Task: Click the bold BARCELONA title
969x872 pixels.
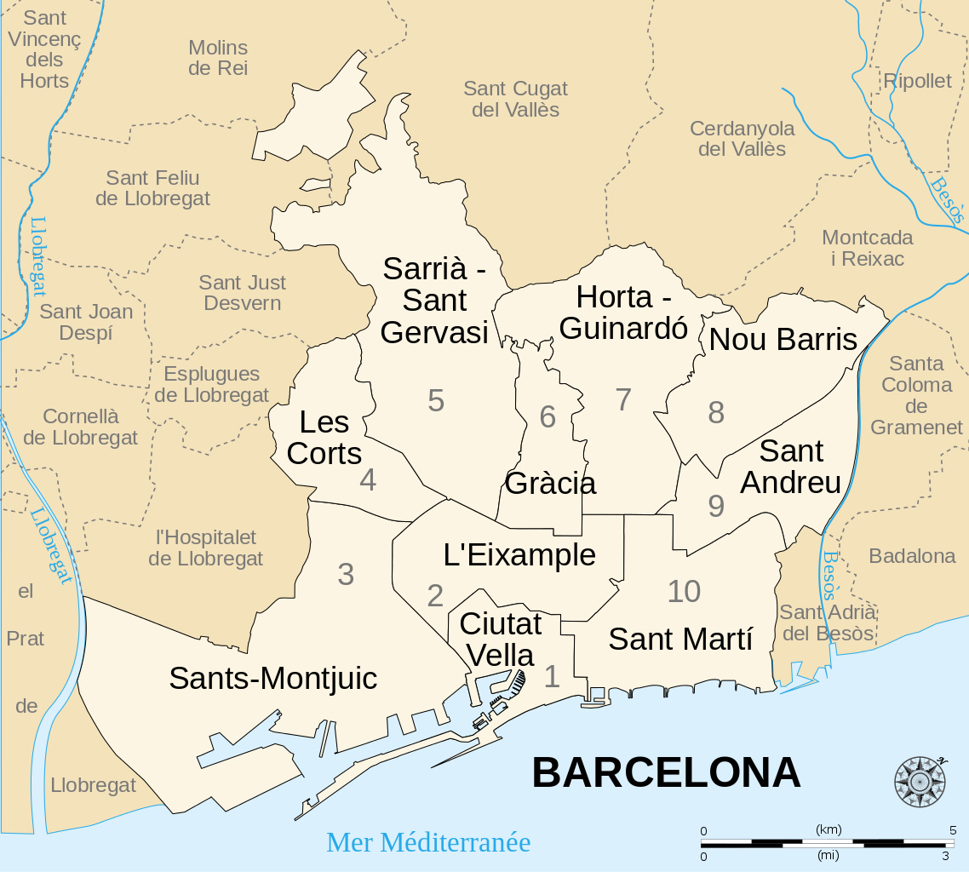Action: pyautogui.click(x=666, y=773)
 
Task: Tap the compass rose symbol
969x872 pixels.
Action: pyautogui.click(x=920, y=781)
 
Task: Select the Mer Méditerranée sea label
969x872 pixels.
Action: pyautogui.click(x=428, y=842)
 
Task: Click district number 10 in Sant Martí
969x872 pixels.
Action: pyautogui.click(x=684, y=591)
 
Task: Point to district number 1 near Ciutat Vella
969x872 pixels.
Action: pyautogui.click(x=552, y=677)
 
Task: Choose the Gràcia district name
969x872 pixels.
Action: pyautogui.click(x=550, y=484)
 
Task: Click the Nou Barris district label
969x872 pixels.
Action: pyautogui.click(x=783, y=340)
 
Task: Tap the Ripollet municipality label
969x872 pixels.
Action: pyautogui.click(x=917, y=81)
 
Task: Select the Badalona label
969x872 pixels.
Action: pyautogui.click(x=912, y=556)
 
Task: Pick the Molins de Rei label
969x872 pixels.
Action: pyautogui.click(x=218, y=58)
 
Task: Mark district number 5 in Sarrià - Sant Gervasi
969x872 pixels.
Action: pyautogui.click(x=436, y=400)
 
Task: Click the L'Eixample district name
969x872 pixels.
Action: pyautogui.click(x=519, y=555)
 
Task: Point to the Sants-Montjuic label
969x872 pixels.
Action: pyautogui.click(x=272, y=679)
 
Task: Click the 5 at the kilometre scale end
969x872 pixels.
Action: pyautogui.click(x=953, y=830)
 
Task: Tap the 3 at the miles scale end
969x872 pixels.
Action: pyautogui.click(x=945, y=856)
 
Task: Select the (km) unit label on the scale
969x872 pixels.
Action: pyautogui.click(x=828, y=829)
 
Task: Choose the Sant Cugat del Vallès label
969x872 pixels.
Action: pyautogui.click(x=515, y=99)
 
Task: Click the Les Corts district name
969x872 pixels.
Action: pyautogui.click(x=324, y=438)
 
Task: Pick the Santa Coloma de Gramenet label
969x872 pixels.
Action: pyautogui.click(x=916, y=395)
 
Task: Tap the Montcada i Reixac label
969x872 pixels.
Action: pyautogui.click(x=867, y=248)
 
